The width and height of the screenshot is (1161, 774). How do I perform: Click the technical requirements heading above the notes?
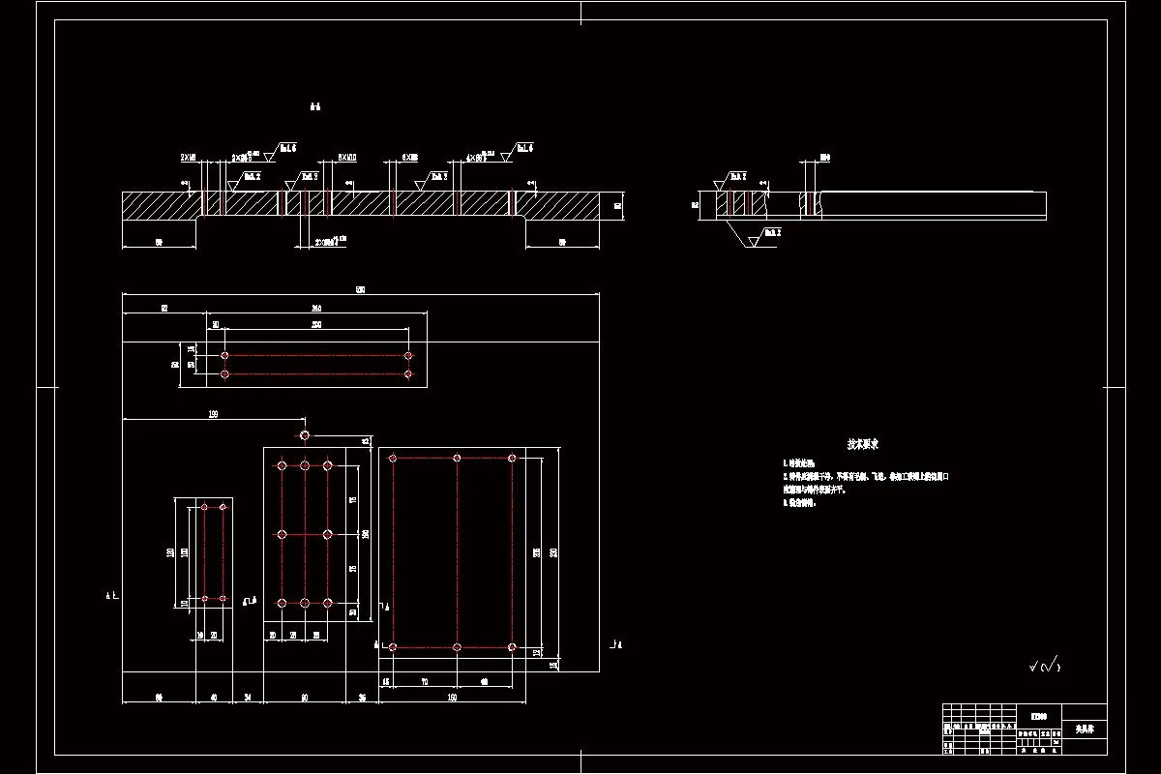click(863, 444)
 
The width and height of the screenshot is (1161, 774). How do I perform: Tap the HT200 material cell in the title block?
click(1038, 717)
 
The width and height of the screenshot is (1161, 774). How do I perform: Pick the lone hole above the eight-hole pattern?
click(305, 435)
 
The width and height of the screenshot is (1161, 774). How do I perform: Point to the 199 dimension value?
click(213, 414)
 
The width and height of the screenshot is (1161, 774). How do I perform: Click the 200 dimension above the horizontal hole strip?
click(316, 325)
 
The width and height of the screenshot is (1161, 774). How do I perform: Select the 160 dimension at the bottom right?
click(452, 697)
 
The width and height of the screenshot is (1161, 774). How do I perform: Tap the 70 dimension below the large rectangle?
click(424, 682)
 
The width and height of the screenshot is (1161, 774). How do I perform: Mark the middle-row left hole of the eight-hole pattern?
click(282, 534)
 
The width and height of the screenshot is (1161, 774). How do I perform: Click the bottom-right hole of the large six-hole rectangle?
click(512, 646)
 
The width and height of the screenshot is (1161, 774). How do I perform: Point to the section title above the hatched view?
click(314, 106)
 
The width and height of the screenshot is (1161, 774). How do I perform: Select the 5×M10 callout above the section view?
click(346, 156)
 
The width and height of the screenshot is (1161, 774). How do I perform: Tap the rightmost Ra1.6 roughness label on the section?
click(523, 148)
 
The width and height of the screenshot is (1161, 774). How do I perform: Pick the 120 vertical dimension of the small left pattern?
click(171, 552)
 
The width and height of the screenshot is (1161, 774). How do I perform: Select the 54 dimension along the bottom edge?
click(248, 697)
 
